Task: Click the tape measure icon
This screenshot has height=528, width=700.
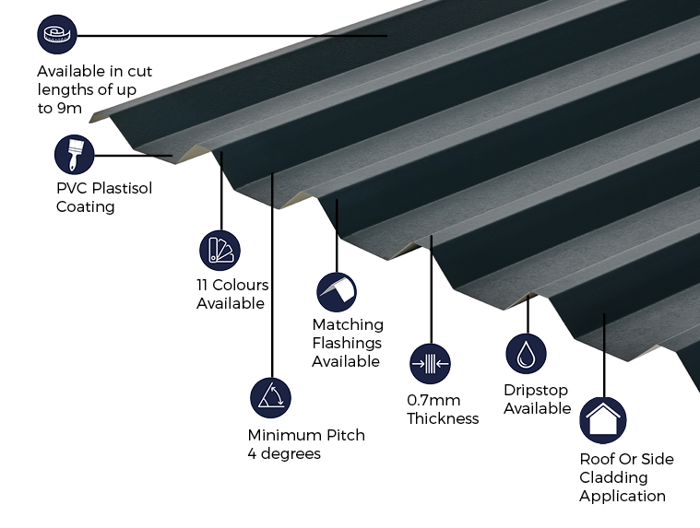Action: point(57,35)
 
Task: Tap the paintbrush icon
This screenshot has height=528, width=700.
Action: point(75,155)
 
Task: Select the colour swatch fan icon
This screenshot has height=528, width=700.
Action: point(219,250)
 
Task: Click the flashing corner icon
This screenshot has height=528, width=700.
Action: point(337,292)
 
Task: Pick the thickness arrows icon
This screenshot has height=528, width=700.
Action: point(430,364)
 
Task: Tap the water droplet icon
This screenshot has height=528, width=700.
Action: point(526,354)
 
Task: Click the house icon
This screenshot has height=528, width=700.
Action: point(602,420)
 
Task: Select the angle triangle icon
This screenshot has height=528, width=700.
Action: point(270,397)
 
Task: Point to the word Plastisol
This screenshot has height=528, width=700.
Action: point(119,188)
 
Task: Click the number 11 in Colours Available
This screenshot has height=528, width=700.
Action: point(204,285)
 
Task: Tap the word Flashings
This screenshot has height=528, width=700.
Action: point(347,343)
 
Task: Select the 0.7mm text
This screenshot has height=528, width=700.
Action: point(433,400)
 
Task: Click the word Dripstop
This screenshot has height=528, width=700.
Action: point(536,390)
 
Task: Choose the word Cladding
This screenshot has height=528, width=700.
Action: point(613,477)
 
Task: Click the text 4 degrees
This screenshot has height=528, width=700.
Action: point(284,453)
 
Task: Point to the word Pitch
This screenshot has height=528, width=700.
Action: point(343,435)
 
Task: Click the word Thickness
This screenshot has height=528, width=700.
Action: point(443,418)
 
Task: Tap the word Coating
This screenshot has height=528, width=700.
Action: point(86,206)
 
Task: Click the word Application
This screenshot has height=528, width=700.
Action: point(623,496)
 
